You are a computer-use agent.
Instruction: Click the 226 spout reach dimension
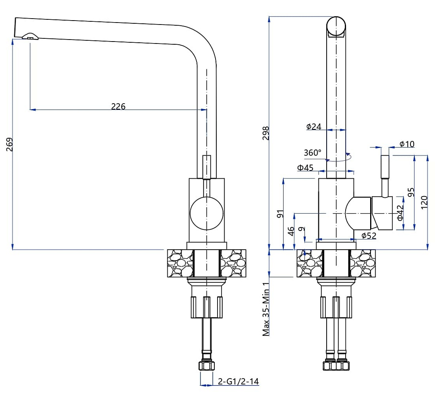click(x=118, y=106)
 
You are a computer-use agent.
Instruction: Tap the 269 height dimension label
click(x=9, y=144)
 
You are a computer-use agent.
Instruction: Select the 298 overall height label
click(x=266, y=133)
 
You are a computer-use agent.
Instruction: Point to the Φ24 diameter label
click(x=314, y=127)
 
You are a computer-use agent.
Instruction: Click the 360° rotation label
click(x=312, y=153)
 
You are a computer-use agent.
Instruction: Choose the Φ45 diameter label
click(x=305, y=168)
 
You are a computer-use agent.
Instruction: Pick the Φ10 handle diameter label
click(x=407, y=144)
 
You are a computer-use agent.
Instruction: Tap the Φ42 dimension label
click(x=400, y=213)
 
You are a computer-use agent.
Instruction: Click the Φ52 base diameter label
click(x=369, y=235)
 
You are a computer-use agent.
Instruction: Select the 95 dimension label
click(x=411, y=192)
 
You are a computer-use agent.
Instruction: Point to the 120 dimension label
click(x=424, y=202)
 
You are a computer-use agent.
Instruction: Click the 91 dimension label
click(x=280, y=214)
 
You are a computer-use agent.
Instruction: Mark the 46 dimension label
click(x=291, y=231)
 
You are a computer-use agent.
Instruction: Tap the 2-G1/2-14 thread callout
click(x=238, y=381)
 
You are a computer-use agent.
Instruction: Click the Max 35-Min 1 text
click(x=266, y=309)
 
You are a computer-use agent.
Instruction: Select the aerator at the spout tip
click(x=30, y=36)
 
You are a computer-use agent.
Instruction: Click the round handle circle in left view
click(x=207, y=213)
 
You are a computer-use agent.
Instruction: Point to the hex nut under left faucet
click(x=207, y=365)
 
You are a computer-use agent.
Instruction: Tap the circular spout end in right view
click(x=336, y=26)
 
